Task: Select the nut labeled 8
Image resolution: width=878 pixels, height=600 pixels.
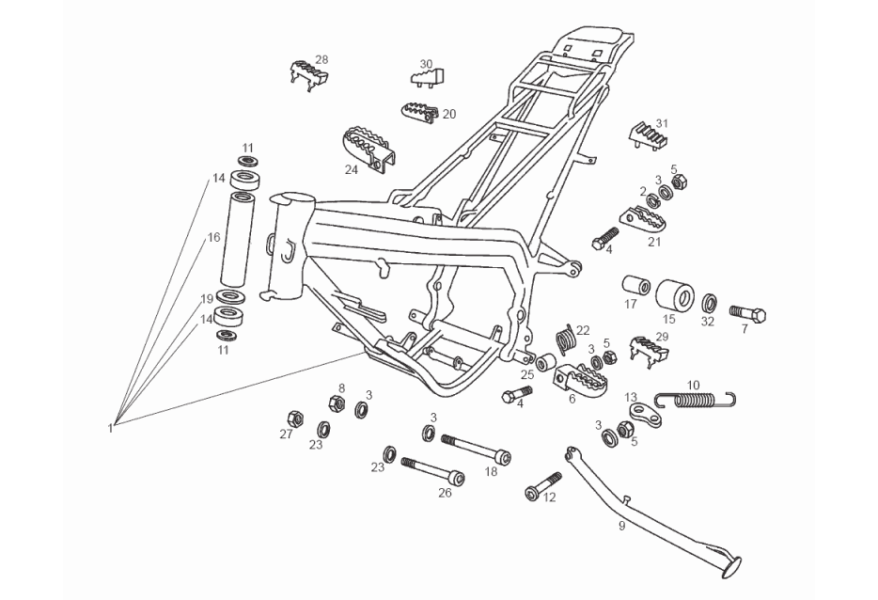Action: tap(333, 404)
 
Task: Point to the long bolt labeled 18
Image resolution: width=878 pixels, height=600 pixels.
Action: tap(476, 449)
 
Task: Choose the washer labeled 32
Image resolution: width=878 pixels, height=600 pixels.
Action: tap(710, 304)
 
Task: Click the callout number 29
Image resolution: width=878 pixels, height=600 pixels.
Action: tap(662, 336)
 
